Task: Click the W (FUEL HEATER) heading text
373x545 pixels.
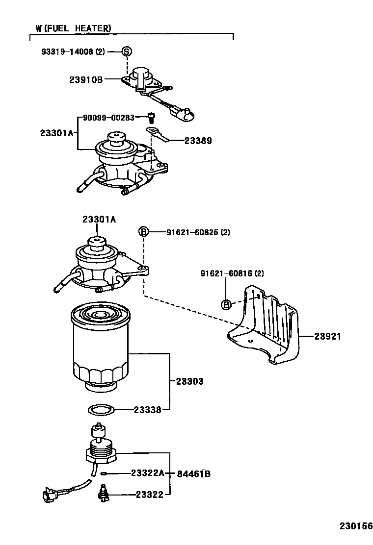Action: click(73, 28)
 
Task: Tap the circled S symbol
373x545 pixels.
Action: click(127, 51)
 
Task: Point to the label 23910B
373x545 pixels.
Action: click(85, 78)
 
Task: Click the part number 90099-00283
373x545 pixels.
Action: click(108, 118)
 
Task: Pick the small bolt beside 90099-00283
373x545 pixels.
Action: click(151, 118)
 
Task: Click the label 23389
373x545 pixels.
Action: click(198, 141)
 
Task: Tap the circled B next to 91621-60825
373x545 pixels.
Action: click(143, 231)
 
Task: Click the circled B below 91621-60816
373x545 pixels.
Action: click(226, 305)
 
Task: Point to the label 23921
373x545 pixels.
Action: click(327, 336)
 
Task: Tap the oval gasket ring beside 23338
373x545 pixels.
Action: click(101, 409)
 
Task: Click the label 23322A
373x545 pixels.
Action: click(147, 473)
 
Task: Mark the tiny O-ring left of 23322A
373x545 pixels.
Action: click(104, 473)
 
